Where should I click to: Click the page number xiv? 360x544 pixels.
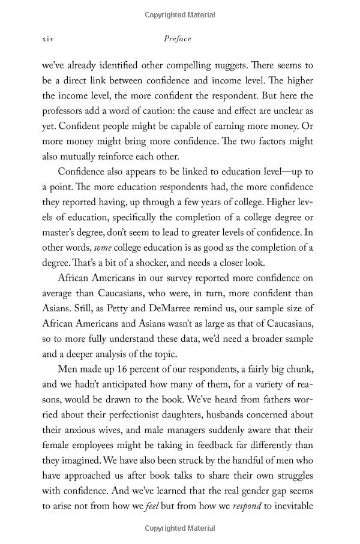click(48, 39)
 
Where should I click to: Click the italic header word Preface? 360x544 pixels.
click(178, 39)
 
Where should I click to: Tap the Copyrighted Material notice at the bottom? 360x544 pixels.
click(179, 528)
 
